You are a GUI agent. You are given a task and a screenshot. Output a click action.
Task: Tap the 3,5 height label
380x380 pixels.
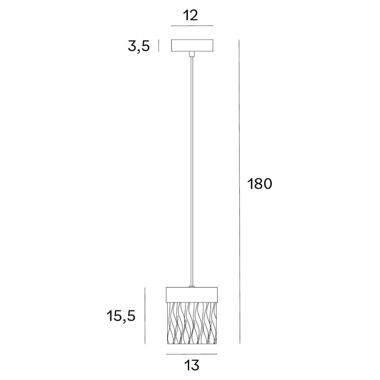[x=139, y=46]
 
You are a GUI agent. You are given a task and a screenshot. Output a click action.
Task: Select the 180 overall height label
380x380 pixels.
[x=259, y=184]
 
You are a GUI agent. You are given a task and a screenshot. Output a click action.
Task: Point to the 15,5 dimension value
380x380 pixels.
[x=121, y=316]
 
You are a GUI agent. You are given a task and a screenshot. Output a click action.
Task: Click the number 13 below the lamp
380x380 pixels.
[x=192, y=365]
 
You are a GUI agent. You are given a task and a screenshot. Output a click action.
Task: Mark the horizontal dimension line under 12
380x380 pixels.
[x=192, y=25]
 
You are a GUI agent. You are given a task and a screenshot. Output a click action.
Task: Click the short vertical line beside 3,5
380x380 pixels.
[x=159, y=46]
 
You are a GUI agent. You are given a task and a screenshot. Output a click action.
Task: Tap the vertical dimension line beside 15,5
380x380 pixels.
[x=145, y=316]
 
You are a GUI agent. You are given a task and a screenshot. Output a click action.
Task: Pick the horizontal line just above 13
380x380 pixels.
[x=192, y=354]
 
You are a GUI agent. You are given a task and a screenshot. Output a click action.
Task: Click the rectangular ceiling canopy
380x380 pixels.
[x=192, y=45]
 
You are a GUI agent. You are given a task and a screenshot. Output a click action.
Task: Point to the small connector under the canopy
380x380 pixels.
[x=191, y=54]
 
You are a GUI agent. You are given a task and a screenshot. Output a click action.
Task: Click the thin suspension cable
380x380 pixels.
[x=191, y=171]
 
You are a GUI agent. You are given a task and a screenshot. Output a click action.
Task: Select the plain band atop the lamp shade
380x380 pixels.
[x=192, y=294]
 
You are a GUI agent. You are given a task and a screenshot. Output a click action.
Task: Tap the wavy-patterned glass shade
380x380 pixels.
[x=192, y=323]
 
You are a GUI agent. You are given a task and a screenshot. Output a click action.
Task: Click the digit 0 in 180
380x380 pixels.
[x=267, y=184]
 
